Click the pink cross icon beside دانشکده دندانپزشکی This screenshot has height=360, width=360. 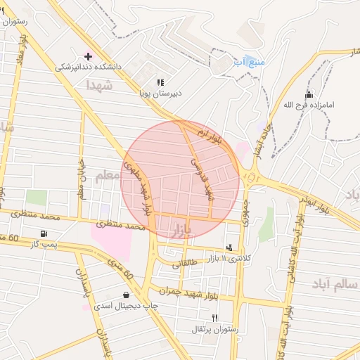[x=88, y=56]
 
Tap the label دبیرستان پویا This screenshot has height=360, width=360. [x=160, y=92]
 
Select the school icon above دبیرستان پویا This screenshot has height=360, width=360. [x=160, y=82]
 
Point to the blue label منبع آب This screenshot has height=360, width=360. [x=250, y=62]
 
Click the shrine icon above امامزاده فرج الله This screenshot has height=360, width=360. [x=307, y=95]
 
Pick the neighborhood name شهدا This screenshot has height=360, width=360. [x=99, y=84]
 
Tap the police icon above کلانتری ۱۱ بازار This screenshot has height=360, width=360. [x=229, y=247]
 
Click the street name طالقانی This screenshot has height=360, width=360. [x=186, y=263]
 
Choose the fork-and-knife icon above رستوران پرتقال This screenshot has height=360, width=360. [x=214, y=318]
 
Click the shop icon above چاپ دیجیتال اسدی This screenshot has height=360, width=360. [x=126, y=295]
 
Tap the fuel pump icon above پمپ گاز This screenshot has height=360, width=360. [x=44, y=233]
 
